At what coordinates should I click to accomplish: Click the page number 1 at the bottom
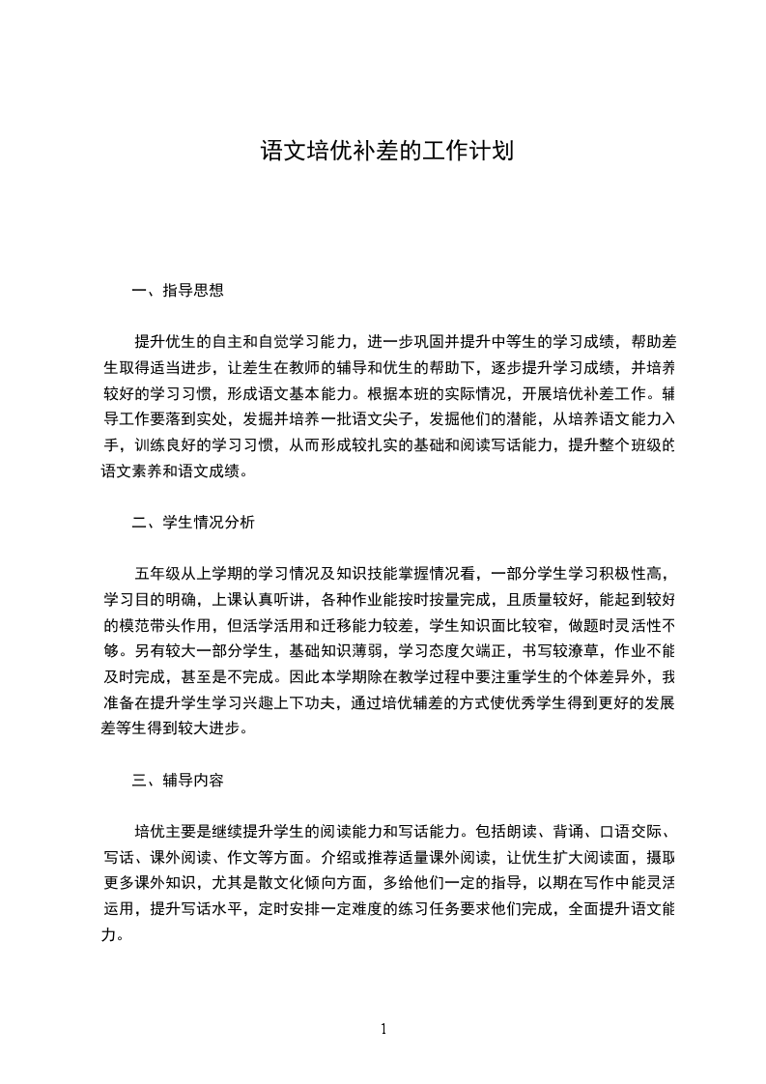(x=383, y=1028)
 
